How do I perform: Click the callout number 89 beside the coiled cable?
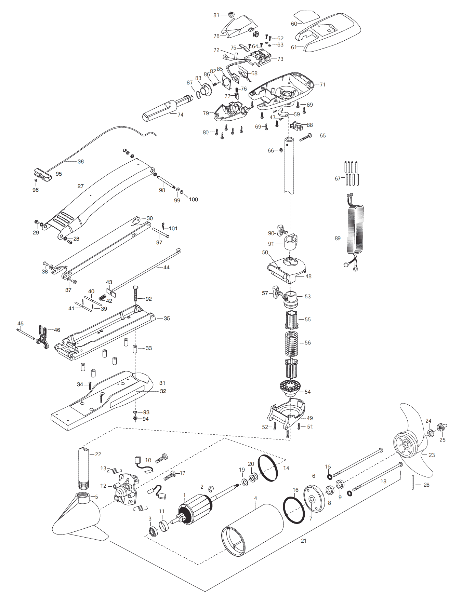(338, 239)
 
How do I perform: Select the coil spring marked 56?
(292, 343)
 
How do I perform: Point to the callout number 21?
(304, 541)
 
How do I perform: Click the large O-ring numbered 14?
(268, 469)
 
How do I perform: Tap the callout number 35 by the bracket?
(167, 318)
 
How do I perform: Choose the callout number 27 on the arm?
(81, 186)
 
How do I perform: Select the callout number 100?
(193, 199)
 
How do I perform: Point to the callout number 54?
(308, 392)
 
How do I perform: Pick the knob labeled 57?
(276, 292)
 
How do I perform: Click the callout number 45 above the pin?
(21, 323)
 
